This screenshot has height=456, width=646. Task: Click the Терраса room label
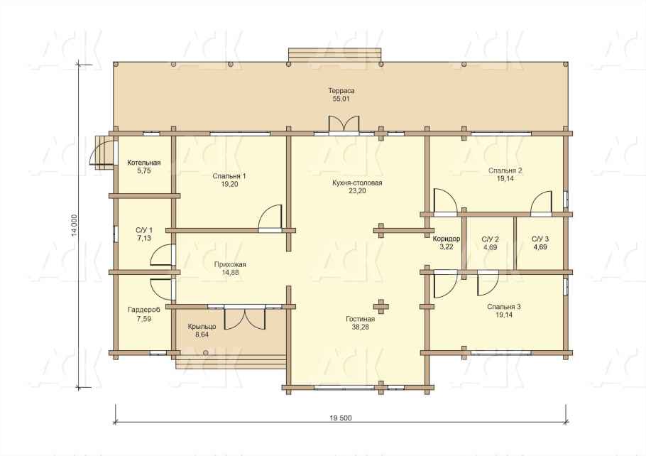tap(341, 91)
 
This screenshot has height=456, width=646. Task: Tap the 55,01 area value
tap(341, 99)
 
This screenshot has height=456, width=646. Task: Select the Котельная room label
tap(144, 163)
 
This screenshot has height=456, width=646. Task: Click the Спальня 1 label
tap(229, 176)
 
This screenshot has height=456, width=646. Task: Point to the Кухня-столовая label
tap(357, 183)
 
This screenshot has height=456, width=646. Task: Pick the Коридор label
tap(447, 239)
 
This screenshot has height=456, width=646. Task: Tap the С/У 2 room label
tap(491, 239)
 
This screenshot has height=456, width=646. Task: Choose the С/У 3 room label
tap(540, 239)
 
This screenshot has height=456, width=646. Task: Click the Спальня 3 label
tap(504, 307)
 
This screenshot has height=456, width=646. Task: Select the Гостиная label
tap(361, 319)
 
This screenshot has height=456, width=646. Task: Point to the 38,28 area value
tap(361, 327)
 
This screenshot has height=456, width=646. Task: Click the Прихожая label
tap(230, 264)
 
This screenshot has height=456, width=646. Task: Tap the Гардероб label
tap(144, 310)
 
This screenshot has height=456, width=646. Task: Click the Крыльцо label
tap(202, 327)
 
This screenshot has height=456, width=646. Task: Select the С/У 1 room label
tap(144, 230)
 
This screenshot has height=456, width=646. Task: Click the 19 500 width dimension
tap(341, 418)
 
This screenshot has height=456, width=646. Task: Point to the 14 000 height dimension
tap(74, 226)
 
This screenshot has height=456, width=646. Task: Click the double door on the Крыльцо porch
tap(245, 317)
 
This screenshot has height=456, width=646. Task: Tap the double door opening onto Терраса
tap(344, 124)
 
